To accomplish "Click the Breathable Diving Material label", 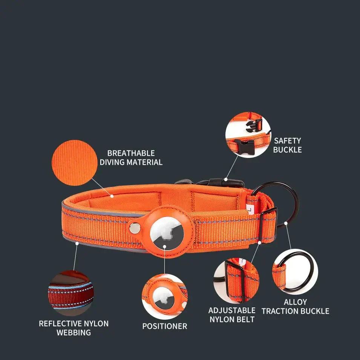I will tap(131, 158).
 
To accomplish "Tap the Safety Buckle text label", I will tap(287, 145).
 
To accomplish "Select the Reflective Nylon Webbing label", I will tap(74, 328).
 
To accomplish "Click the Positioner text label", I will tap(164, 326).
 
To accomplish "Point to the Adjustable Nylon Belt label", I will tap(232, 315).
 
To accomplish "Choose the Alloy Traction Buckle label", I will tap(295, 306).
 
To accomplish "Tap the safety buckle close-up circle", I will tap(248, 135).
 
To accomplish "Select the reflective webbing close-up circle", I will tap(70, 293).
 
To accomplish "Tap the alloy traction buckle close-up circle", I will tap(295, 272).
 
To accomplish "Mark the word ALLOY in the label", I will tap(295, 302).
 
